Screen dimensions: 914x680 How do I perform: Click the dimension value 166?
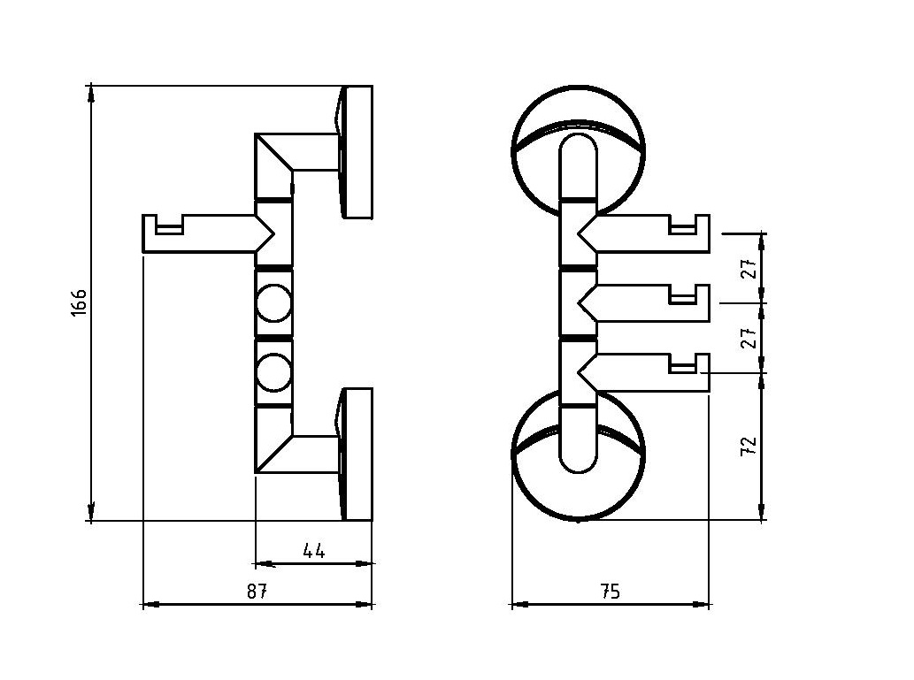79,302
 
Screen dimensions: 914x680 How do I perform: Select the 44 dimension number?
314,550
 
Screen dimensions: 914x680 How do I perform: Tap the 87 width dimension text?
257,592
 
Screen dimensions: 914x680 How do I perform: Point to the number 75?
610,592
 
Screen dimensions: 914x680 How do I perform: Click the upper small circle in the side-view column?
273,302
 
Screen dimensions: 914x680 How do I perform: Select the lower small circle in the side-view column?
273,372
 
